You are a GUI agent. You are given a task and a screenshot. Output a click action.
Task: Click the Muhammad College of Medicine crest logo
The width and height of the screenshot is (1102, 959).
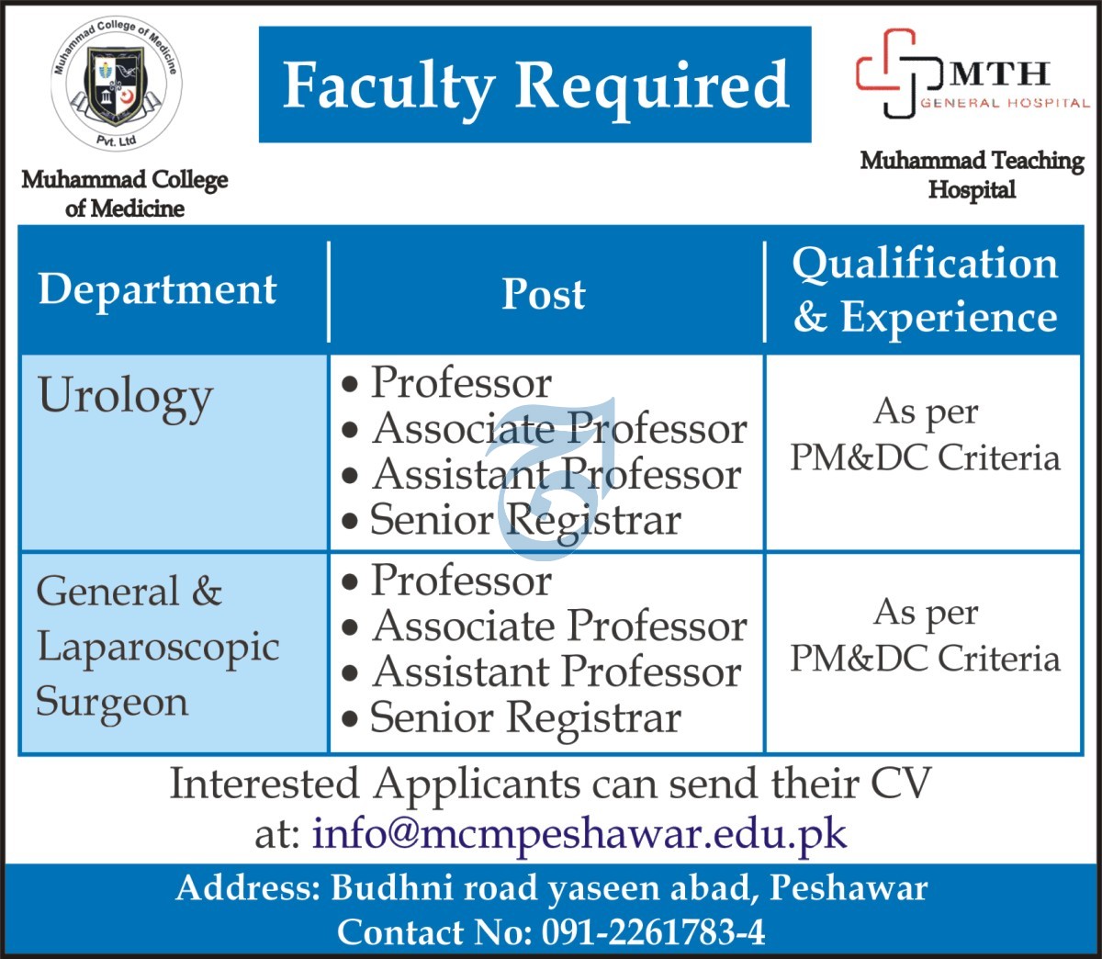(x=117, y=83)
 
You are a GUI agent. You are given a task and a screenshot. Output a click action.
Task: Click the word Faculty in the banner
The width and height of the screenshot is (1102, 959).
(x=388, y=86)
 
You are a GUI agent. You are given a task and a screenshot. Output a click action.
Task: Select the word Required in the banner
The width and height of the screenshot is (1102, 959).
(x=653, y=86)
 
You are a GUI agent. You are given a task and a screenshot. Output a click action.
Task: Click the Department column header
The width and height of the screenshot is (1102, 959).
(x=157, y=291)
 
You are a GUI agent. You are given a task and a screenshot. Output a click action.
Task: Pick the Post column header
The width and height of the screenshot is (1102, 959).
(x=544, y=294)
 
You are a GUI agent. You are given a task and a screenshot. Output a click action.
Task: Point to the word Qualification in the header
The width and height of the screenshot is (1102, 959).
(x=925, y=264)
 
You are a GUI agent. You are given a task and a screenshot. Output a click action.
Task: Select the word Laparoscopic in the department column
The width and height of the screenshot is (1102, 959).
(x=158, y=648)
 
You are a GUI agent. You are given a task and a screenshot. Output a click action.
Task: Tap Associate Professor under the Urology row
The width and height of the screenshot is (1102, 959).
(x=559, y=429)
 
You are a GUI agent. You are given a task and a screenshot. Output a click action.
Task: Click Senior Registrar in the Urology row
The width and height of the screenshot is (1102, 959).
(x=525, y=521)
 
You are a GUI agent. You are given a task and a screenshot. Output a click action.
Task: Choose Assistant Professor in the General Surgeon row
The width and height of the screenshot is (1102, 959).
(x=557, y=672)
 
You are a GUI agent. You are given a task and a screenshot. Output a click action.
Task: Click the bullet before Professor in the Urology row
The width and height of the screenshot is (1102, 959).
(x=350, y=385)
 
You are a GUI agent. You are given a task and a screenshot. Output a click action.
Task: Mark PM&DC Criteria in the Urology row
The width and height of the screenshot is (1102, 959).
(x=925, y=458)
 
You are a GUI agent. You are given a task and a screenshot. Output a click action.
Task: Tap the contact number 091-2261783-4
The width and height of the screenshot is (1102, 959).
(x=653, y=932)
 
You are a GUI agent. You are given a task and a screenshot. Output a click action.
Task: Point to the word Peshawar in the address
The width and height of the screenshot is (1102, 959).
(x=849, y=888)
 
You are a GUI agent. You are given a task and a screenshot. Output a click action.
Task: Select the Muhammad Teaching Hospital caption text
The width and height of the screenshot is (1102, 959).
(x=973, y=175)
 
